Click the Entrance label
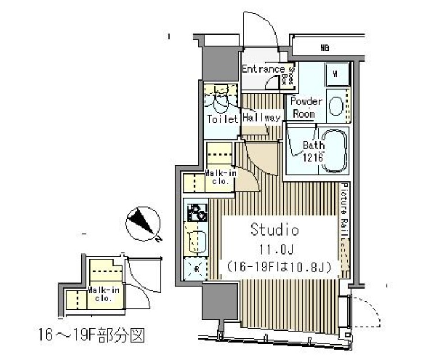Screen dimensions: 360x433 [263, 70]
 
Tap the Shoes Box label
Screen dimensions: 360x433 [291, 74]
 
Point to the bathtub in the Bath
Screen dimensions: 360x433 [334, 151]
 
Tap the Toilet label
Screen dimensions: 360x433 [222, 119]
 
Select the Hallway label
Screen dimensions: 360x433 [261, 117]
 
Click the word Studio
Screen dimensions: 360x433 [274, 230]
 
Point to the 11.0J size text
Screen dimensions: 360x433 [274, 249]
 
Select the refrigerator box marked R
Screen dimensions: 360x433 [195, 268]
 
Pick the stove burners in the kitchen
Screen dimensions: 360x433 [195, 213]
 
